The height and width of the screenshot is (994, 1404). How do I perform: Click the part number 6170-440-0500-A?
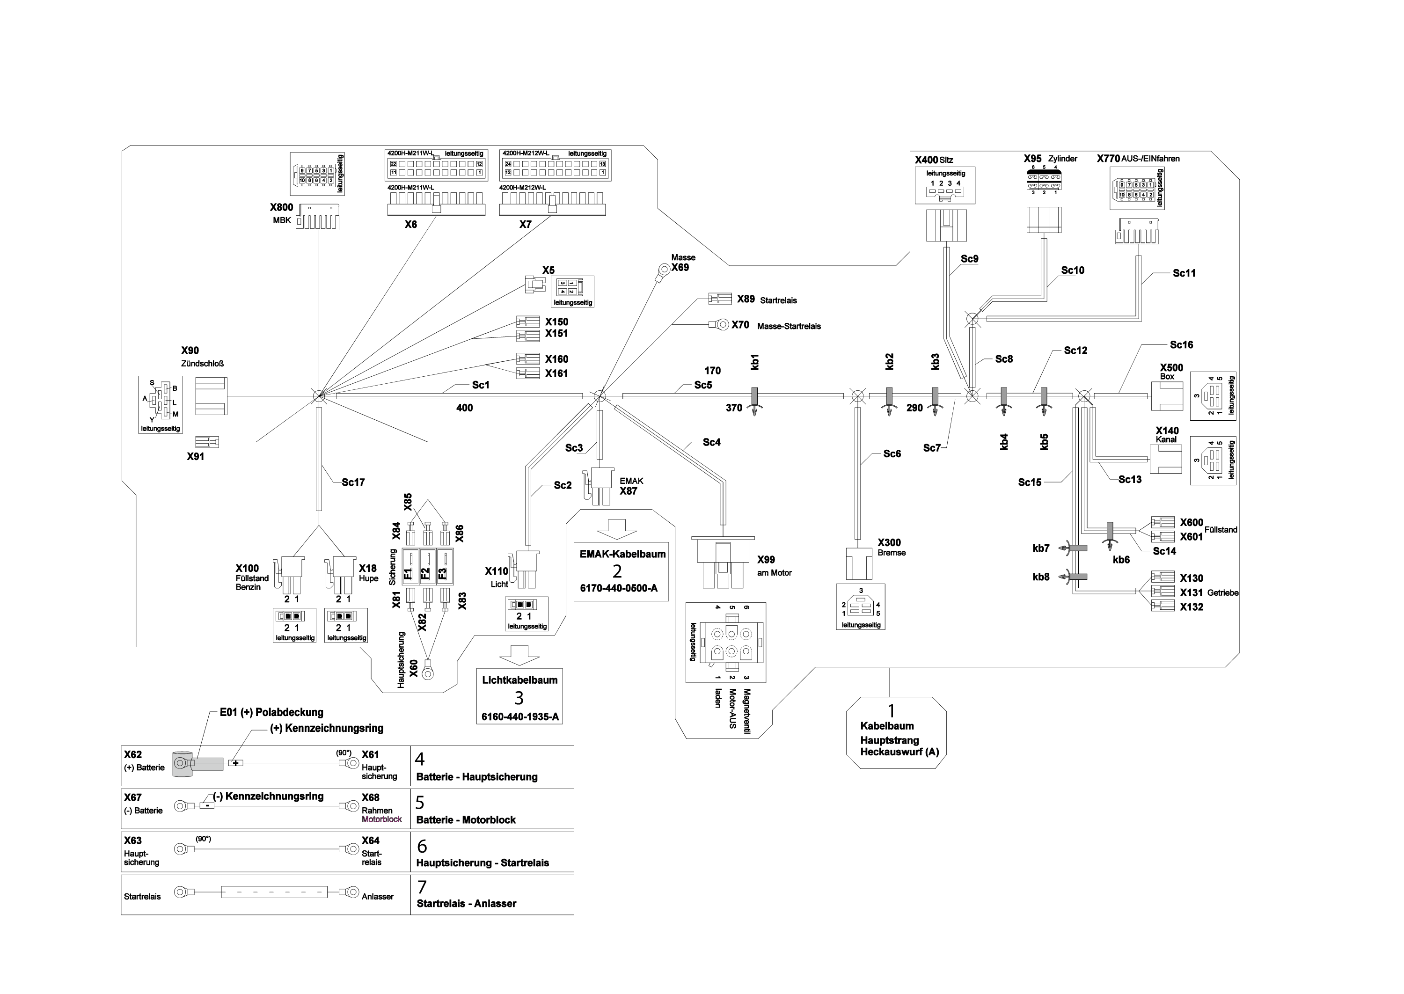click(619, 588)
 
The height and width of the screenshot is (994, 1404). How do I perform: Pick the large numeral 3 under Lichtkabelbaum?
click(519, 698)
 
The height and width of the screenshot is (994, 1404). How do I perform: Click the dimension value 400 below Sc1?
click(465, 408)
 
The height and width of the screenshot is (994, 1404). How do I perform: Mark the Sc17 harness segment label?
click(353, 482)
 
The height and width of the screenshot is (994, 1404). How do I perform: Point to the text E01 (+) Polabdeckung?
click(272, 712)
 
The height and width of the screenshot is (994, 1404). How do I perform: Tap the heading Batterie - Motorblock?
click(466, 819)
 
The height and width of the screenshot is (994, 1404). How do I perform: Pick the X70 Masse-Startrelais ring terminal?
click(722, 324)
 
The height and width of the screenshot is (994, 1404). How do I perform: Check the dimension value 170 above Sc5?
click(712, 371)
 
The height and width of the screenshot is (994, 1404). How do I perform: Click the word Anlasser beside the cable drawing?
click(378, 897)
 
